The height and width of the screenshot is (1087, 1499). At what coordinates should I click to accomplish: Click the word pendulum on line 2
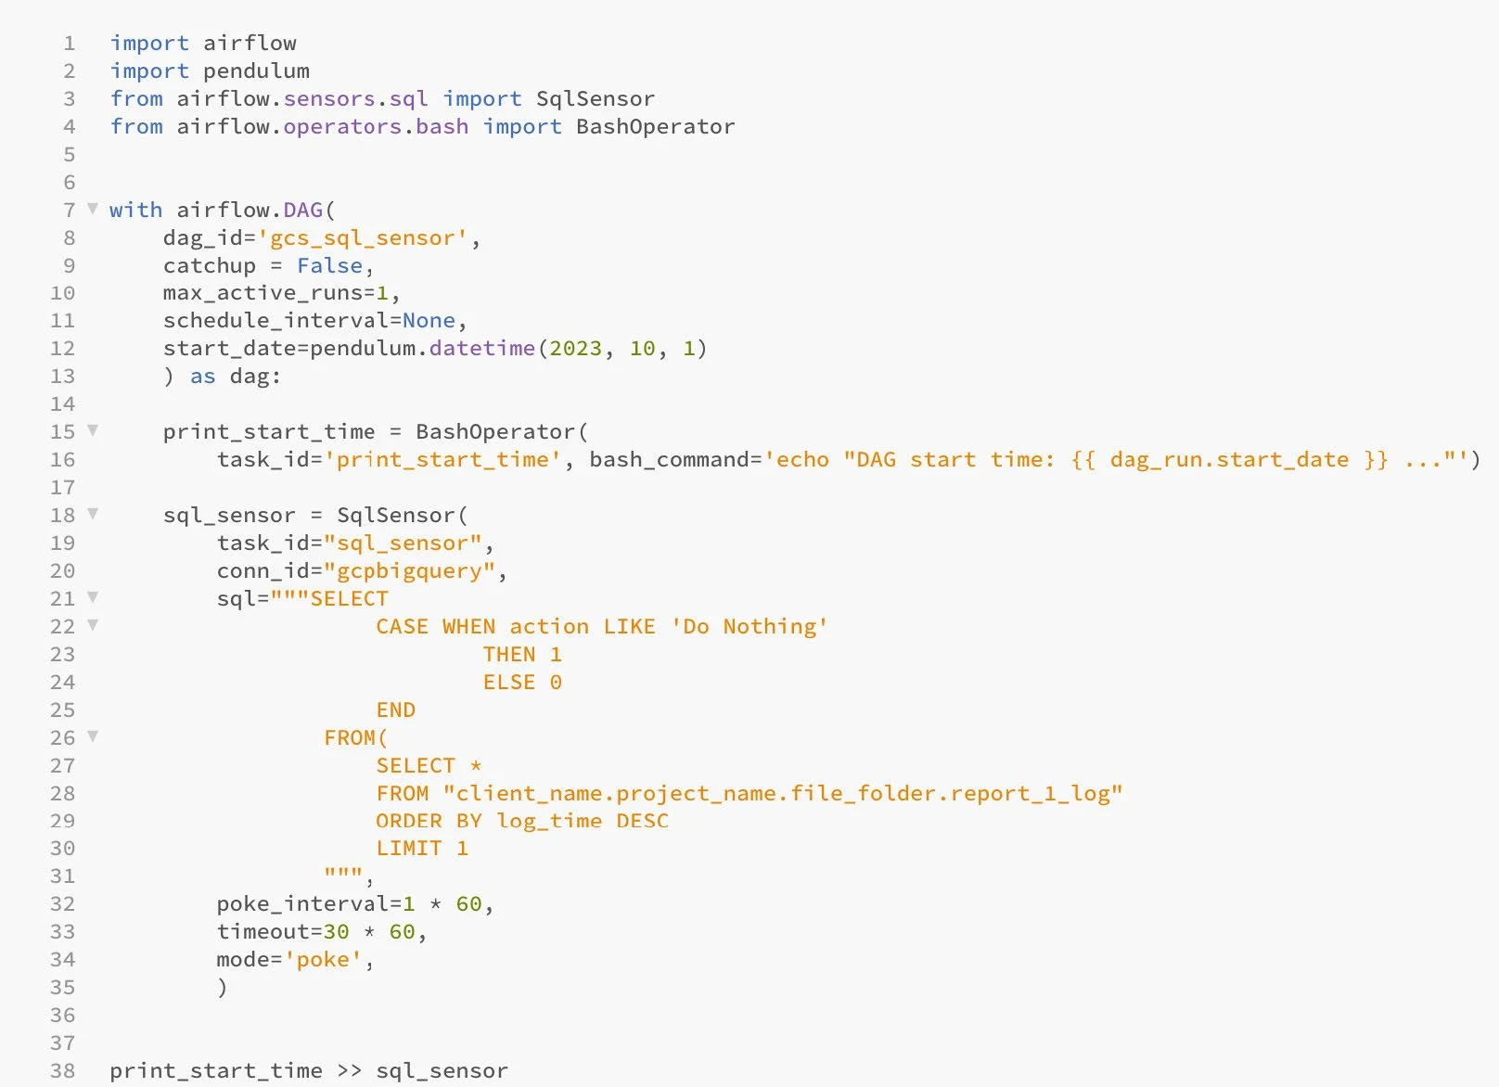256,71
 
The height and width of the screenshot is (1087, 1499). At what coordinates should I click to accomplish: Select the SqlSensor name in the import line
596,99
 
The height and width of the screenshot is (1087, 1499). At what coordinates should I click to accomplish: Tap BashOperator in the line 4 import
655,127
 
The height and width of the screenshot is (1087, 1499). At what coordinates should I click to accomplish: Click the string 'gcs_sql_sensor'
363,238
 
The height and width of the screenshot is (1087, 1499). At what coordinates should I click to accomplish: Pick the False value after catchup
329,266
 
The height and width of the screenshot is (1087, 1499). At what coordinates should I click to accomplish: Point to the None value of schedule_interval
429,321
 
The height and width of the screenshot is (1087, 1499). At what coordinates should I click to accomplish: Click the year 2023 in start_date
575,349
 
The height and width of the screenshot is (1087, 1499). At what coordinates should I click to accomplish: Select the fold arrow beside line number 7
93,209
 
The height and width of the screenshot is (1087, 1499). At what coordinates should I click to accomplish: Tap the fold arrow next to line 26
93,736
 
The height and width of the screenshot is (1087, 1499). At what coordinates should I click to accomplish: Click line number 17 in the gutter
63,488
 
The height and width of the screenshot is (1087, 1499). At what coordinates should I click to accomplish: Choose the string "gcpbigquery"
409,571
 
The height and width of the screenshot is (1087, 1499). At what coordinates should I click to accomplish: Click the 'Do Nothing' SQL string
749,627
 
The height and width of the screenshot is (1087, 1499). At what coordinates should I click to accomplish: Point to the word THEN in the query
509,655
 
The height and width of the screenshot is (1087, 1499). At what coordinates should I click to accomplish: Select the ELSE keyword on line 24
509,683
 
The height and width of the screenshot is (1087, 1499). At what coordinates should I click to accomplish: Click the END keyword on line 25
396,710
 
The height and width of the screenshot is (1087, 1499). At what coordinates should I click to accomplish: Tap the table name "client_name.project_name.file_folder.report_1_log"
783,794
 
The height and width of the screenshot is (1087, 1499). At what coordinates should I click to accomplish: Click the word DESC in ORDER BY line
642,821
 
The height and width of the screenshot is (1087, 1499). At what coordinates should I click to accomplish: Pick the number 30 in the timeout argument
336,932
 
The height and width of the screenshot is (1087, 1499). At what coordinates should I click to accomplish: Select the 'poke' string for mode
323,960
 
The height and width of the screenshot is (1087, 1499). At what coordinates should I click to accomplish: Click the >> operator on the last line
350,1071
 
